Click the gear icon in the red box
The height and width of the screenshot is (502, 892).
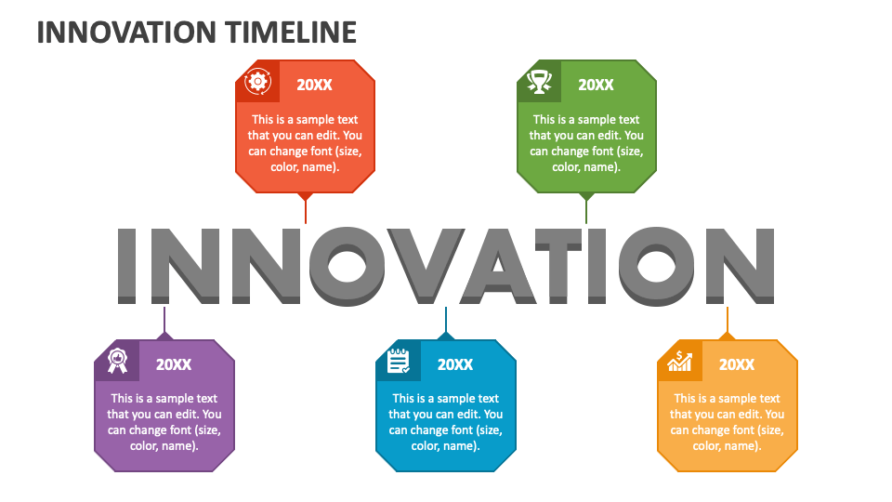pos(256,82)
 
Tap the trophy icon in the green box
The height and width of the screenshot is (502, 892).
pos(538,82)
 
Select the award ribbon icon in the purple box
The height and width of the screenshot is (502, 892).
pos(117,361)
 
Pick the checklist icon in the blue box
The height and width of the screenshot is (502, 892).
pos(399,361)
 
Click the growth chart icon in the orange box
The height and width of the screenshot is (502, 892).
pos(680,361)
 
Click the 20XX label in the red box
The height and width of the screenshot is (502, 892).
pos(314,85)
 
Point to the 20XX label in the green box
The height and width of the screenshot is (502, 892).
pos(596,85)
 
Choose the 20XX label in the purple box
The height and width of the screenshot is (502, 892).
pos(174,364)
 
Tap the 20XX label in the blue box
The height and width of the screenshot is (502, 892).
pos(455,364)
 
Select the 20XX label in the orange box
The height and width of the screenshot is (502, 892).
pos(737,364)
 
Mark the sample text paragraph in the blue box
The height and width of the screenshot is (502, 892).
pos(446,422)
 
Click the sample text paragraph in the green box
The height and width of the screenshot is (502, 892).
pos(586,143)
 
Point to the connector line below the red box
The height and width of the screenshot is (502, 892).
pos(305,210)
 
